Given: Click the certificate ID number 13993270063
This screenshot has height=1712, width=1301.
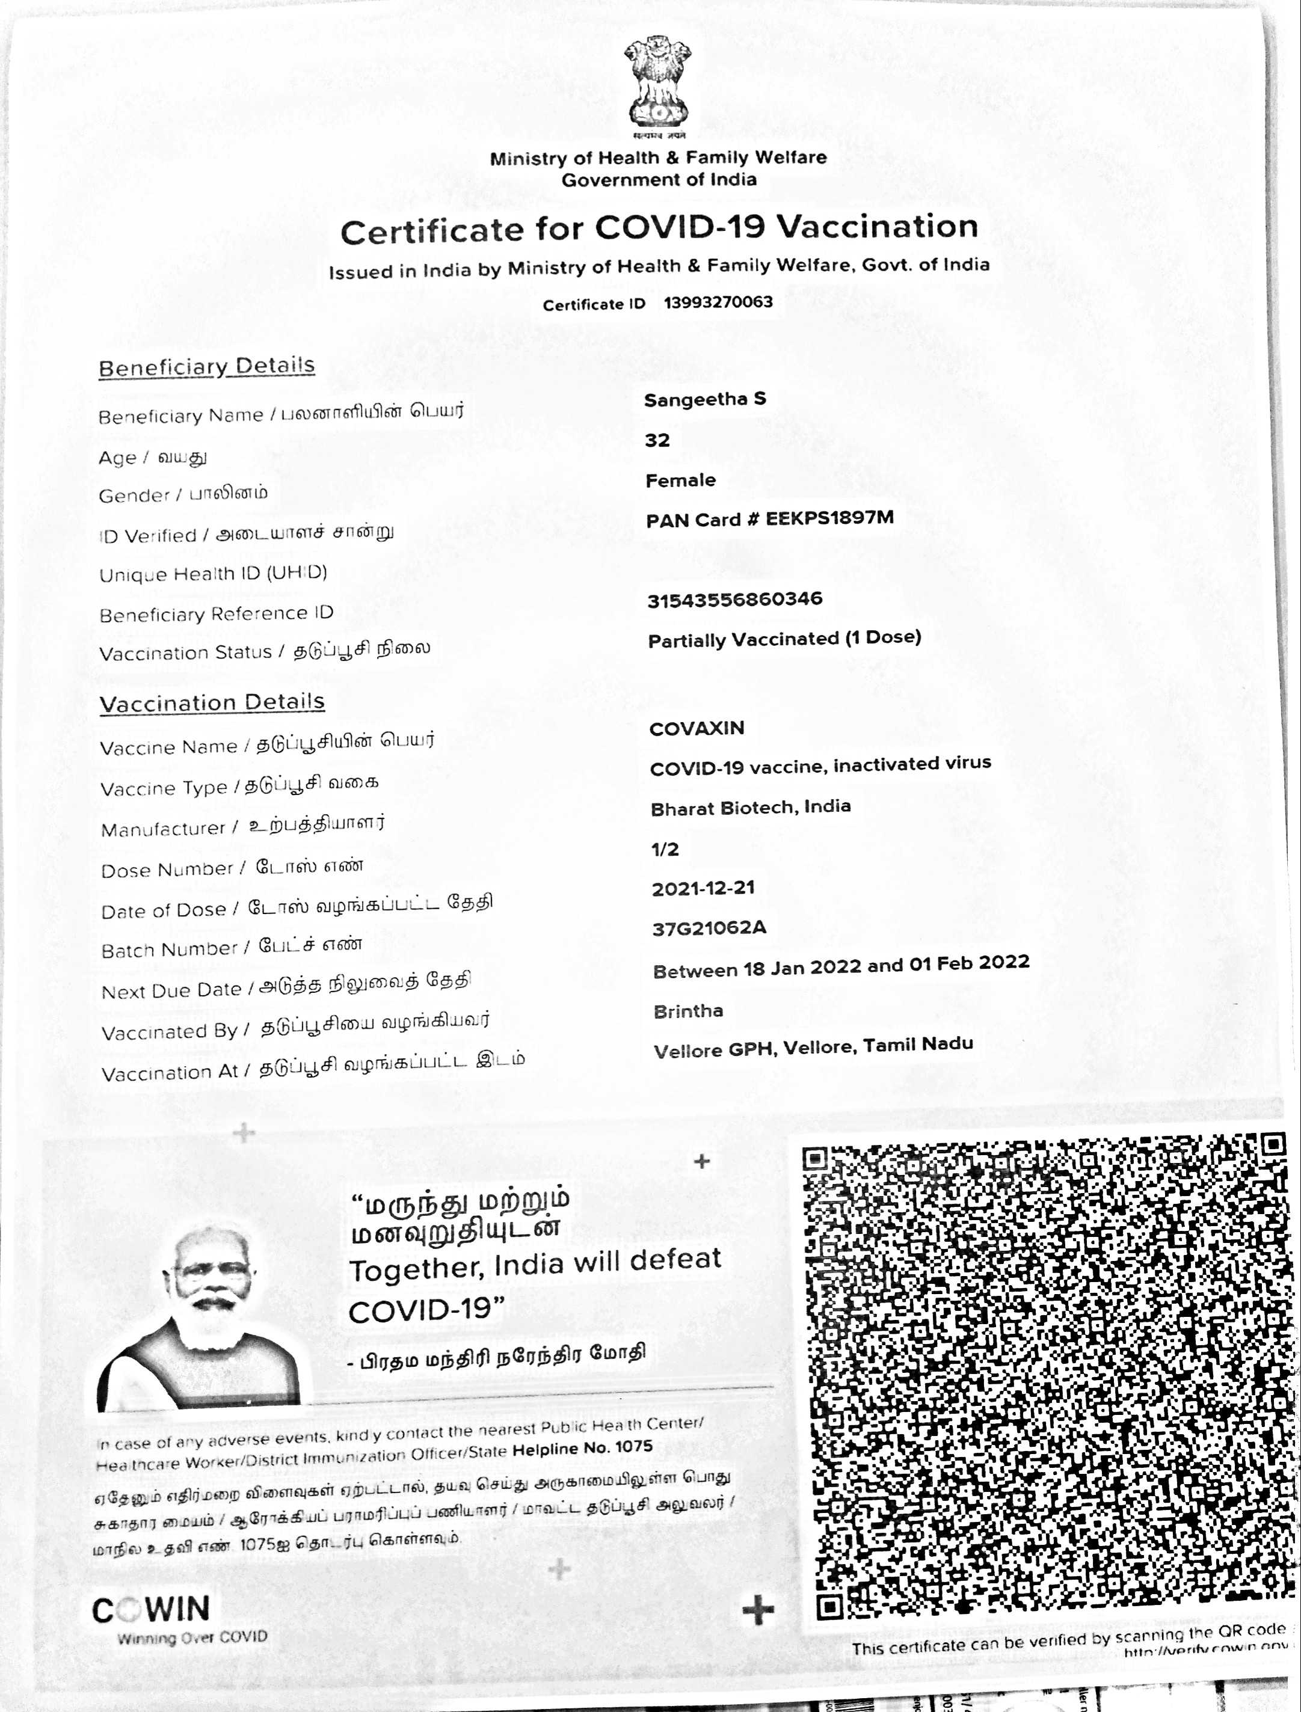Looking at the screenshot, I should pyautogui.click(x=718, y=302).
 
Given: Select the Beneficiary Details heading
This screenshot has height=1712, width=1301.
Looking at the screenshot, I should pyautogui.click(x=207, y=366).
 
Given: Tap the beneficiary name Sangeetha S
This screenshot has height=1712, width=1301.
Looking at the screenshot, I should pyautogui.click(x=705, y=399).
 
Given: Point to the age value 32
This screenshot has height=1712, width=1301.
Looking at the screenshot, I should pyautogui.click(x=657, y=440).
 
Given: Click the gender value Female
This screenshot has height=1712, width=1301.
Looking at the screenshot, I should pyautogui.click(x=680, y=480).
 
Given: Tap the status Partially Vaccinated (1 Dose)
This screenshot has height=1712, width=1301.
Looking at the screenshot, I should pyautogui.click(x=784, y=639).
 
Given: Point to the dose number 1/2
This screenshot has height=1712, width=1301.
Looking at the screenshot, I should pyautogui.click(x=665, y=850).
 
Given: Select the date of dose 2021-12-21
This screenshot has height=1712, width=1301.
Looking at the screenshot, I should pyautogui.click(x=703, y=888).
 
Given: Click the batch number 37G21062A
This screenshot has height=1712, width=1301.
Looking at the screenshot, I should pyautogui.click(x=709, y=928).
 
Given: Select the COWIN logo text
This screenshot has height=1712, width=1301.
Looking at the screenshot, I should pyautogui.click(x=151, y=1610).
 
